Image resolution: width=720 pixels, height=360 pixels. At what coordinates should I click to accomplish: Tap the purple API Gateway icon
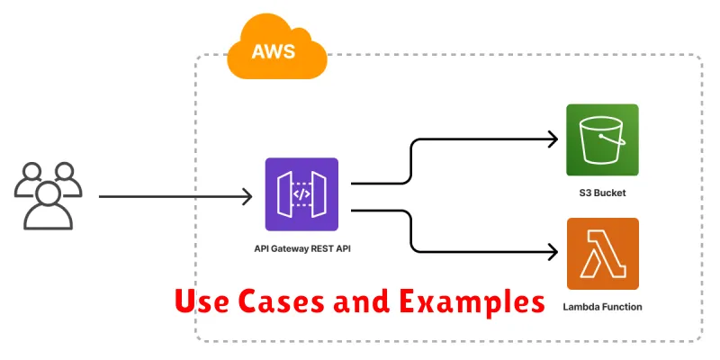coord(301,194)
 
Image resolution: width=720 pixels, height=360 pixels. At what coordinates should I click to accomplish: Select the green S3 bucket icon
coord(602,139)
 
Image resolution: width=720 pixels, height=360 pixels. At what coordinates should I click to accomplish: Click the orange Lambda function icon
coord(602,253)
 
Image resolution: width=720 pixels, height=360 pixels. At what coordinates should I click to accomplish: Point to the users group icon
coord(48,194)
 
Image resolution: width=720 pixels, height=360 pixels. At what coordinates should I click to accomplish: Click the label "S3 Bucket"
coord(602,193)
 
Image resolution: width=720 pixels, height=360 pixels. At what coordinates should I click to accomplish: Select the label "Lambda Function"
coord(602,307)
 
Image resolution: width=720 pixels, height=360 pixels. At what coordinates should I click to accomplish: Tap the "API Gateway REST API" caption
coord(301,247)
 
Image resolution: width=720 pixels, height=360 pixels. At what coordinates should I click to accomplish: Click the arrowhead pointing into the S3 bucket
coord(553,139)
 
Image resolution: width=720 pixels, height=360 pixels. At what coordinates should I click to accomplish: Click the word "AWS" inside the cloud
coord(274,51)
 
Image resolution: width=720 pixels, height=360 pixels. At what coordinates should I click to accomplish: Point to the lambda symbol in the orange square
coord(602,253)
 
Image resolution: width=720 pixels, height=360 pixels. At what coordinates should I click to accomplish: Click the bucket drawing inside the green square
coord(602,139)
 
